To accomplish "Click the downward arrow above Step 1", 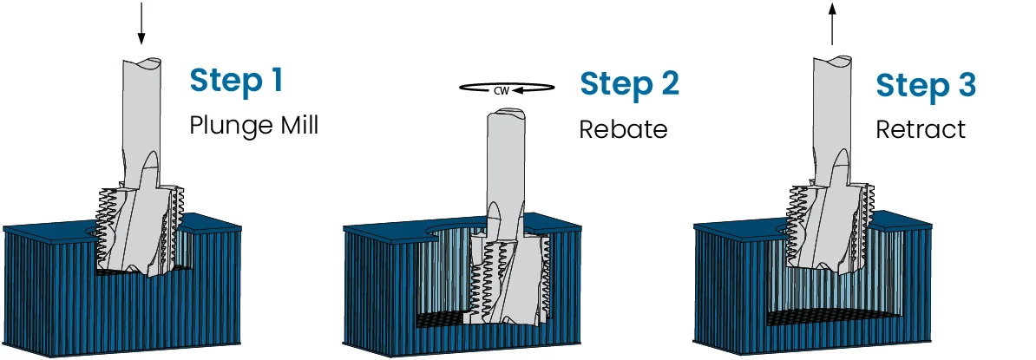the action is [x=141, y=23].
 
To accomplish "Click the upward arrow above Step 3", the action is [x=832, y=23].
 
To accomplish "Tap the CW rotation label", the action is [x=502, y=90].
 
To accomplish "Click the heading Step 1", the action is [x=236, y=79].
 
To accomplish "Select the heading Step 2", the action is [x=629, y=84].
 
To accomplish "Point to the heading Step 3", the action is [x=926, y=86].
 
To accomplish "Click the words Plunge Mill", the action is [x=253, y=125].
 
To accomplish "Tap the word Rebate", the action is [x=623, y=128].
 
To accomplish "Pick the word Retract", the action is [x=921, y=128].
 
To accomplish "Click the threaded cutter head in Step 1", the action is [x=140, y=228].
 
